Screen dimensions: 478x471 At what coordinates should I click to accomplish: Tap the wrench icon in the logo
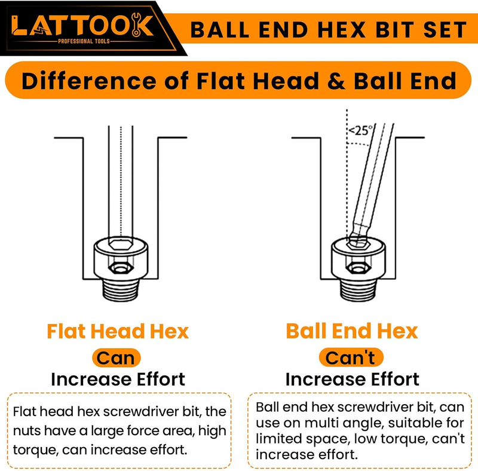pyautogui.click(x=136, y=25)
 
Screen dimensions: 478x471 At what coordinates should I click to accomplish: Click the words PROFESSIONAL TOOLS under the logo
pyautogui.click(x=84, y=41)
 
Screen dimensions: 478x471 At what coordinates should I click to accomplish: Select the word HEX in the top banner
pyautogui.click(x=341, y=30)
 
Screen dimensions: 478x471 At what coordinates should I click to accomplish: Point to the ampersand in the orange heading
pyautogui.click(x=336, y=81)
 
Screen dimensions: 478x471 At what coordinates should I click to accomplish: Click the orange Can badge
pyautogui.click(x=116, y=358)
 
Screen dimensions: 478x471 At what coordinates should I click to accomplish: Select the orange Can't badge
pyautogui.click(x=351, y=357)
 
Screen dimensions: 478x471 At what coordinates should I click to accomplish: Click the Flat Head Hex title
pyautogui.click(x=118, y=331)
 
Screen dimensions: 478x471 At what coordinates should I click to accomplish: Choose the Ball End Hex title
pyautogui.click(x=352, y=331)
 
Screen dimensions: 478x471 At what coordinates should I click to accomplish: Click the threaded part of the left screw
pyautogui.click(x=121, y=290)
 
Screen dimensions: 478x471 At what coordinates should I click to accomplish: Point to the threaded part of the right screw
pyautogui.click(x=358, y=290)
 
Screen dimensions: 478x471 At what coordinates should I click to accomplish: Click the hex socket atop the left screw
pyautogui.click(x=121, y=244)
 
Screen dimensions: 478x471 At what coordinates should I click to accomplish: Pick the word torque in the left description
pyautogui.click(x=35, y=450)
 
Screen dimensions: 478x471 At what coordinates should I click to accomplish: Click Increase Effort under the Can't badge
pyautogui.click(x=353, y=379)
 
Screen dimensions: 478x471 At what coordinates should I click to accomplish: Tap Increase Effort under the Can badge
pyautogui.click(x=118, y=379)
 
